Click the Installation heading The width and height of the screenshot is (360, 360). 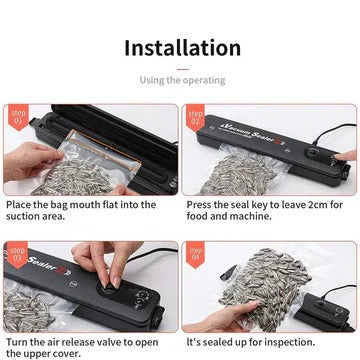[182, 48]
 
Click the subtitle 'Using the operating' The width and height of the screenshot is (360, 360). [182, 80]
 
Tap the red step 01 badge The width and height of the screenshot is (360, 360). [17, 117]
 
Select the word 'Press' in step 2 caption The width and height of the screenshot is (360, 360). [201, 205]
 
